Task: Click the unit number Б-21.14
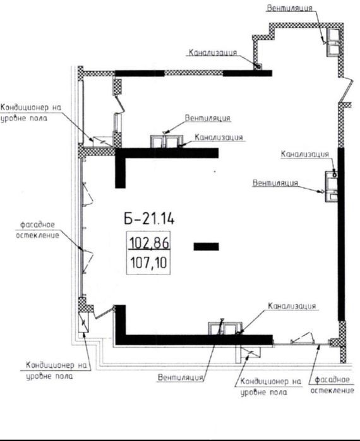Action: pyautogui.click(x=149, y=218)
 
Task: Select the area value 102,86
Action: pyautogui.click(x=149, y=242)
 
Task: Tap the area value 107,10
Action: pyautogui.click(x=149, y=262)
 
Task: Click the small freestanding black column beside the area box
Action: pyautogui.click(x=206, y=247)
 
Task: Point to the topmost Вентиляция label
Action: pyautogui.click(x=289, y=8)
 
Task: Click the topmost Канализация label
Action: pyautogui.click(x=212, y=52)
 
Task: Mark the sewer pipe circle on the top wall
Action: pyautogui.click(x=257, y=66)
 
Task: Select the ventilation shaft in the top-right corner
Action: pyautogui.click(x=333, y=42)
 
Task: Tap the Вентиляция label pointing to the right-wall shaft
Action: pyautogui.click(x=275, y=183)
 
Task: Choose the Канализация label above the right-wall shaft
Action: pyautogui.click(x=305, y=154)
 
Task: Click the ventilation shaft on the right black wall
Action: pyautogui.click(x=332, y=187)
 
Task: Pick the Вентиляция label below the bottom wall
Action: pyautogui.click(x=181, y=377)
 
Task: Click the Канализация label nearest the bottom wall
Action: pyautogui.click(x=292, y=306)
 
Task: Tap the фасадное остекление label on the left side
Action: pyautogui.click(x=37, y=230)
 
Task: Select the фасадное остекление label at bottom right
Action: pyautogui.click(x=332, y=385)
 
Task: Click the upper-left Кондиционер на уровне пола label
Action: pyautogui.click(x=31, y=112)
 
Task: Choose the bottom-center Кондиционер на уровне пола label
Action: pyautogui.click(x=270, y=387)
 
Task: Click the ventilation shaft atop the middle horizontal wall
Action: pyautogui.click(x=167, y=141)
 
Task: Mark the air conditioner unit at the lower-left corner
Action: pyautogui.click(x=83, y=322)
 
